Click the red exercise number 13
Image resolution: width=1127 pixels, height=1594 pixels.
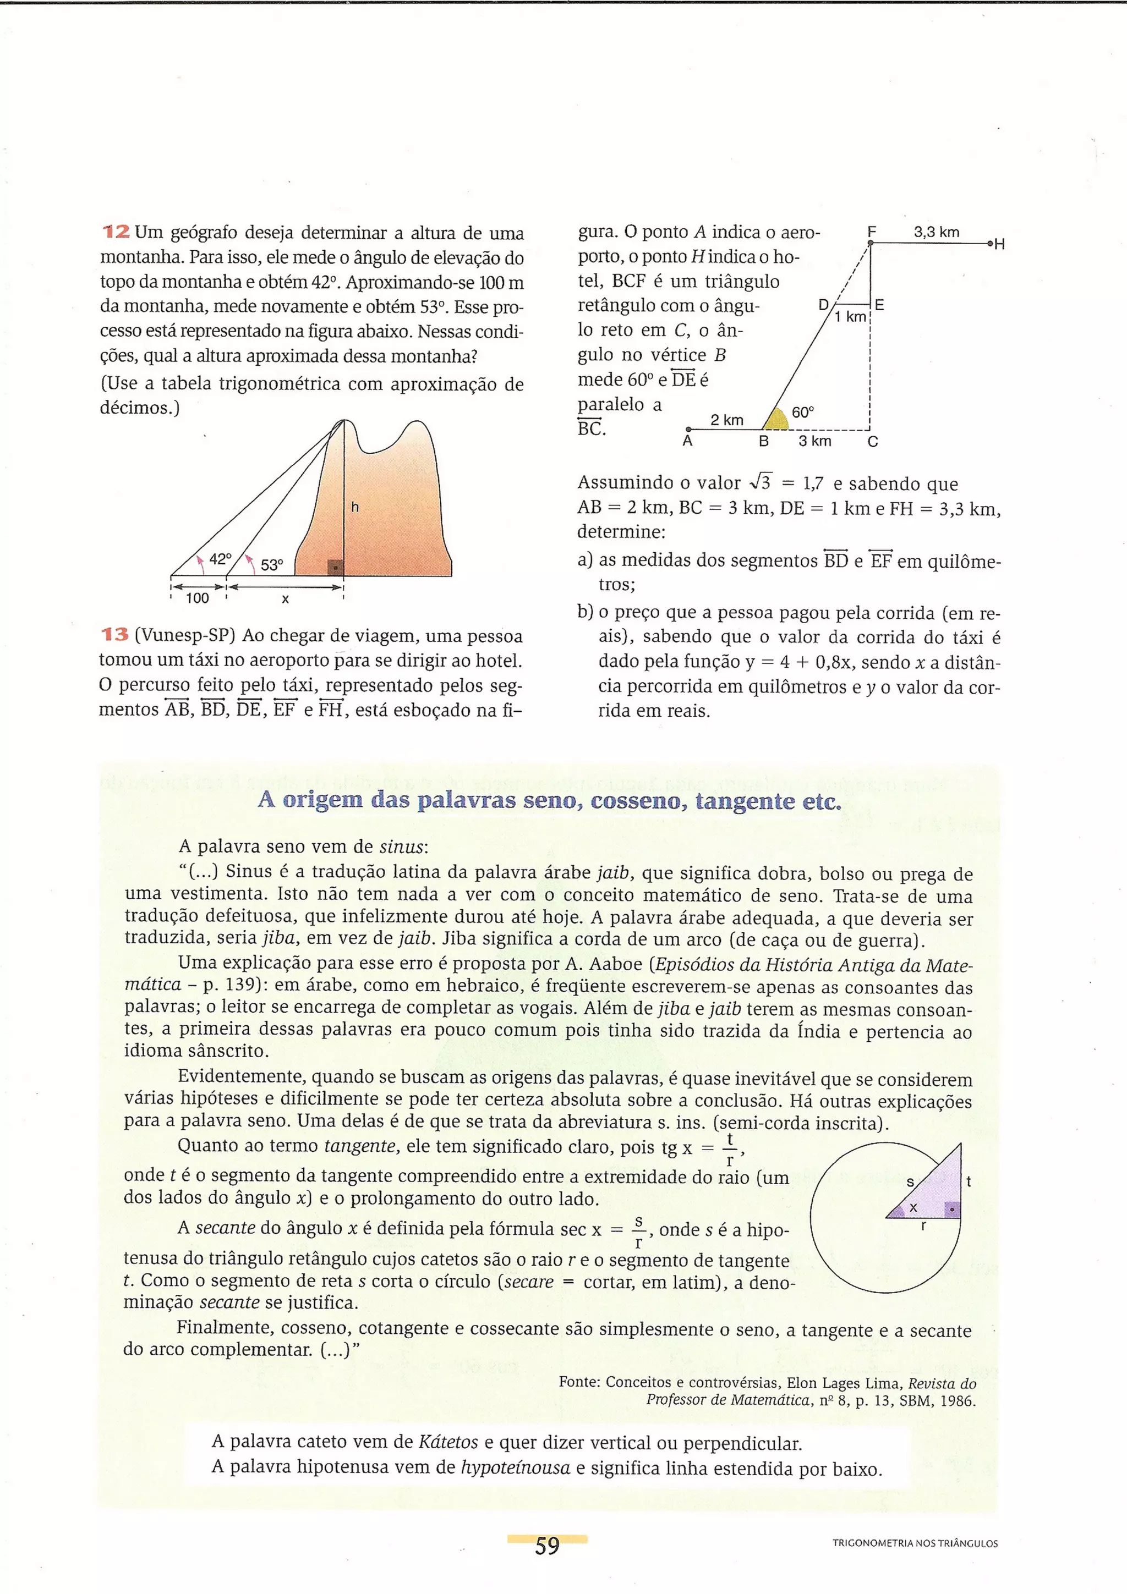click(x=115, y=635)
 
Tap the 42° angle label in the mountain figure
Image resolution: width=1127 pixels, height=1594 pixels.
click(x=220, y=559)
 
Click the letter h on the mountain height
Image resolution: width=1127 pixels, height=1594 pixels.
click(x=355, y=508)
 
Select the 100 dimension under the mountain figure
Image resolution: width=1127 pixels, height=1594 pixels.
click(x=197, y=598)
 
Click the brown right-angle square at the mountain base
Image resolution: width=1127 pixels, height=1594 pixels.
click(x=335, y=567)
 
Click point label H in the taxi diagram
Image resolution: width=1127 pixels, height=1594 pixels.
click(x=1000, y=244)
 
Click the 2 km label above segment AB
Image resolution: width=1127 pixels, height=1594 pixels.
click(x=726, y=419)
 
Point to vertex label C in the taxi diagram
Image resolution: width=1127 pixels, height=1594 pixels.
click(x=873, y=442)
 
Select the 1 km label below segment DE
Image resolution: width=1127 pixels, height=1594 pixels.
click(x=850, y=317)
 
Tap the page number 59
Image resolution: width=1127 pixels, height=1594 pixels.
click(x=547, y=1546)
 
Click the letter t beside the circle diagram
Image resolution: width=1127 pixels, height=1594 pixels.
click(x=969, y=1181)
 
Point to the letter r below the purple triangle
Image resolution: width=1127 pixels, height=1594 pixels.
click(x=923, y=1226)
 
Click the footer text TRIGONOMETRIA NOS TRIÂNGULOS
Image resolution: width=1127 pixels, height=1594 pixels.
click(x=915, y=1543)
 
